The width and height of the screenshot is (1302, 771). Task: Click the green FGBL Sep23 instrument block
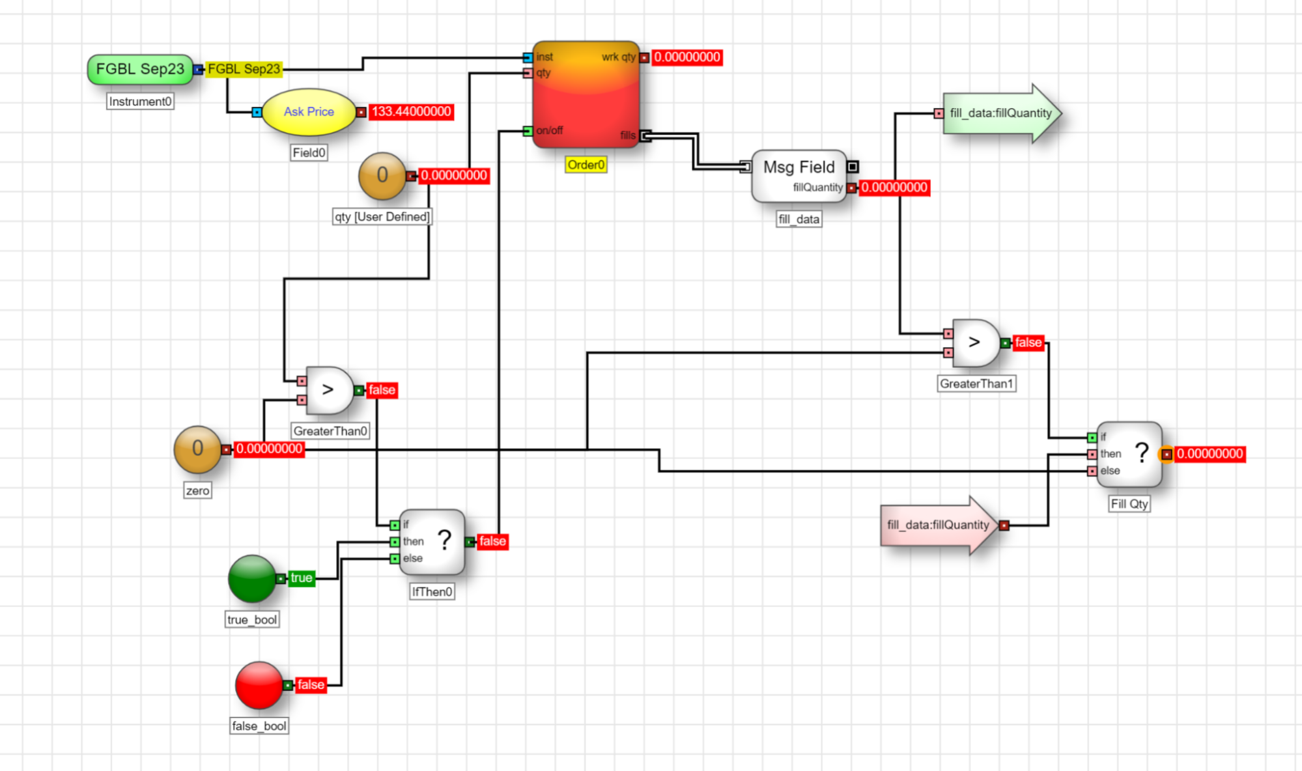pos(140,70)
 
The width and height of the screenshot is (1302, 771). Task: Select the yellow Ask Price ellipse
pos(309,112)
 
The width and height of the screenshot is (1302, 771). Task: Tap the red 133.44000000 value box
pos(411,111)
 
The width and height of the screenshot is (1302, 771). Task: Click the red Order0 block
pos(586,95)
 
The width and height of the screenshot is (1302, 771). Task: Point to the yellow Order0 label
pos(586,165)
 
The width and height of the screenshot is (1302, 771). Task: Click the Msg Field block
pos(799,176)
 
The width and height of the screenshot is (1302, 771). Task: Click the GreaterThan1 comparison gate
pos(975,343)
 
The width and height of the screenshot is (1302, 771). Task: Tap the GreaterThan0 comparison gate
pos(329,390)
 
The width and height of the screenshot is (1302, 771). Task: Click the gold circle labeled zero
pos(197,449)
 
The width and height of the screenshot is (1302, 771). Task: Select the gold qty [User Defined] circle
pos(382,176)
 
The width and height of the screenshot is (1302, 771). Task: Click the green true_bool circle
pos(252,578)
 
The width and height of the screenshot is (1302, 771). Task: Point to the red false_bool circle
pos(259,685)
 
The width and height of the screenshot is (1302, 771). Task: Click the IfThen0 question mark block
pos(432,542)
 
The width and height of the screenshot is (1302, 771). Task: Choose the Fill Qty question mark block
pos(1129,455)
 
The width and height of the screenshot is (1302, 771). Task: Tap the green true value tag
pos(302,578)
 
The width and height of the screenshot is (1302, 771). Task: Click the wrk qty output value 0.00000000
pos(687,57)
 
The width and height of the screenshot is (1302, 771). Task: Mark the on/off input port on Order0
pos(528,131)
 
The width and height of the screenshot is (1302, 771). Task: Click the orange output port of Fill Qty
pos(1166,455)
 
